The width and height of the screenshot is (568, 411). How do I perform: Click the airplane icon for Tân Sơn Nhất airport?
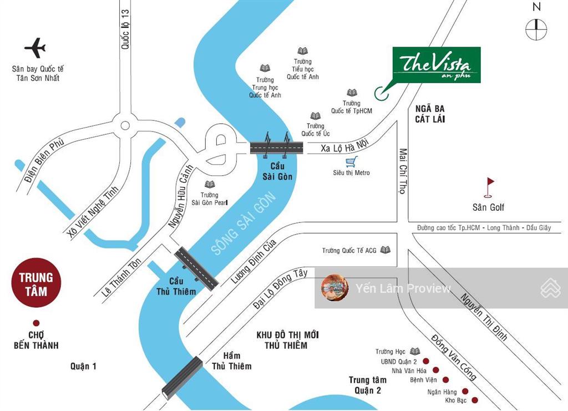[35, 48]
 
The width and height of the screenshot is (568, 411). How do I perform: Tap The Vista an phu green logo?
[436, 65]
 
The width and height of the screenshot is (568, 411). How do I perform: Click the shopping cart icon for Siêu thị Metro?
[350, 162]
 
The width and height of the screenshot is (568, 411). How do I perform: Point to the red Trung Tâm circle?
[36, 284]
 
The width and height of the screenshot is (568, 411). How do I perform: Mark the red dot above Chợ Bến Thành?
[36, 323]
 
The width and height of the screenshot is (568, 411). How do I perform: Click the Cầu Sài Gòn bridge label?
[277, 172]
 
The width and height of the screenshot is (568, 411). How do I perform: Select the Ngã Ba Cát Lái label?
[430, 114]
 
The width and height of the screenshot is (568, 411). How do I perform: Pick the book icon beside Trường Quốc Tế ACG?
[385, 250]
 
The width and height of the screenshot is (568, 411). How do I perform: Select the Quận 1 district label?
[83, 366]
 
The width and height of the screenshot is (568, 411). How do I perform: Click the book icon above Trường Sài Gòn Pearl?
[209, 184]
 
